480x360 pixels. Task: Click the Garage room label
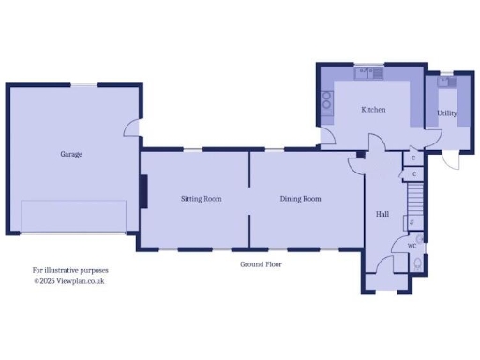tap(71, 154)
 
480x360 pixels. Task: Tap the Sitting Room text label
tap(201, 199)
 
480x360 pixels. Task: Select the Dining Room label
tap(300, 199)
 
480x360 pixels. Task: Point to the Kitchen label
tap(373, 110)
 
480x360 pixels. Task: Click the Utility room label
tap(447, 113)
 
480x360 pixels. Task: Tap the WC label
tap(412, 246)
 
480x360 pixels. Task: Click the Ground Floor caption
tap(261, 264)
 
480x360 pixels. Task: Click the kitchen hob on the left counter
tap(327, 100)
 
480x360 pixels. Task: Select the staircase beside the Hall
tap(415, 197)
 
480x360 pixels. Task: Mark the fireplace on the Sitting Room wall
tap(143, 192)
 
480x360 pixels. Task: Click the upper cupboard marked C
tap(413, 158)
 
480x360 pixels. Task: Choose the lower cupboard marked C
tap(413, 174)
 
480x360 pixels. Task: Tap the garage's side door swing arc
tap(133, 129)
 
